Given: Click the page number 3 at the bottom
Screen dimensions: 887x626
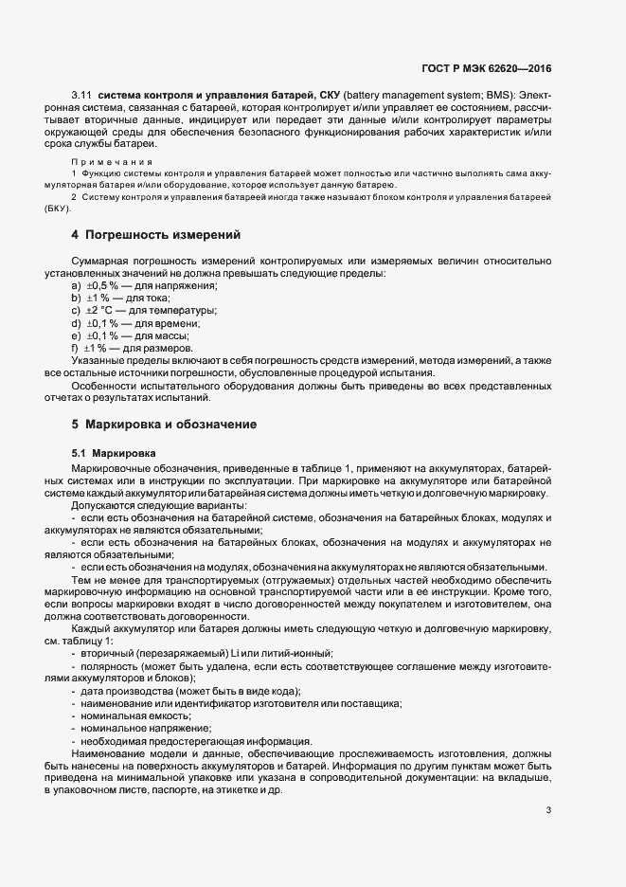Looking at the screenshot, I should click(549, 810).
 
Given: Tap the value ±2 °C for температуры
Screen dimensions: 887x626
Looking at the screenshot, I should click(99, 310).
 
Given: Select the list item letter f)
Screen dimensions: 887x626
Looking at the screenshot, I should click(75, 348).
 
